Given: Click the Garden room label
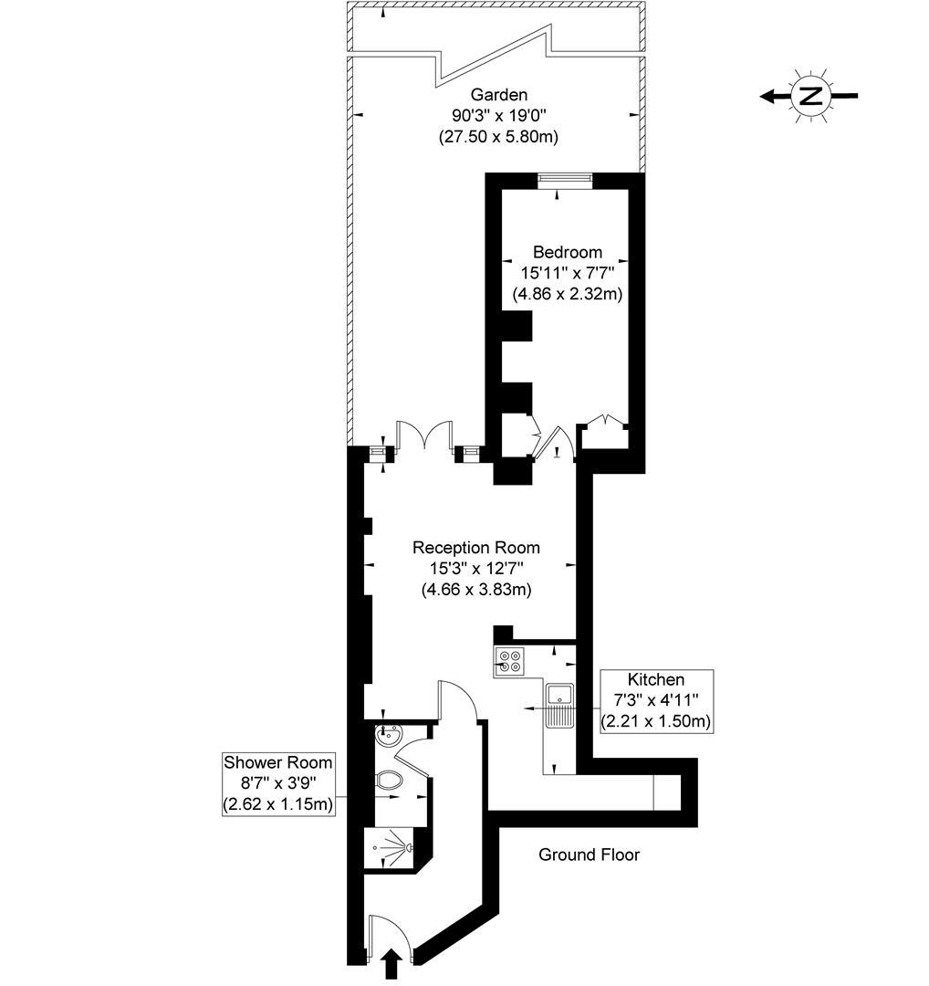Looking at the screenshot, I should [499, 94].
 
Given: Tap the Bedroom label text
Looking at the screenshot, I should [567, 252].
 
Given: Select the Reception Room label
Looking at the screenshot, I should [475, 548].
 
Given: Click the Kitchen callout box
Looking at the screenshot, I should [655, 700].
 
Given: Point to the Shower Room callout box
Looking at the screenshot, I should [278, 783].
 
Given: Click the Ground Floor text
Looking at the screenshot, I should [589, 855].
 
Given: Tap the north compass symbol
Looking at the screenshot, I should [809, 95].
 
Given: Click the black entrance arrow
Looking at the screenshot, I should [391, 963].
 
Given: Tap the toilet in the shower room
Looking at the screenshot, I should [390, 781].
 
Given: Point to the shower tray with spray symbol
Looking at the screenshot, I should [393, 848].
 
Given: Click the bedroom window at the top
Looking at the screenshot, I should [564, 180].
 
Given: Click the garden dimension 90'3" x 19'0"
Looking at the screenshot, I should [498, 116].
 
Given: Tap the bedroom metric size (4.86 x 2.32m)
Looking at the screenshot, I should [567, 294].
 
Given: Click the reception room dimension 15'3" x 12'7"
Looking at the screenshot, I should [475, 569].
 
